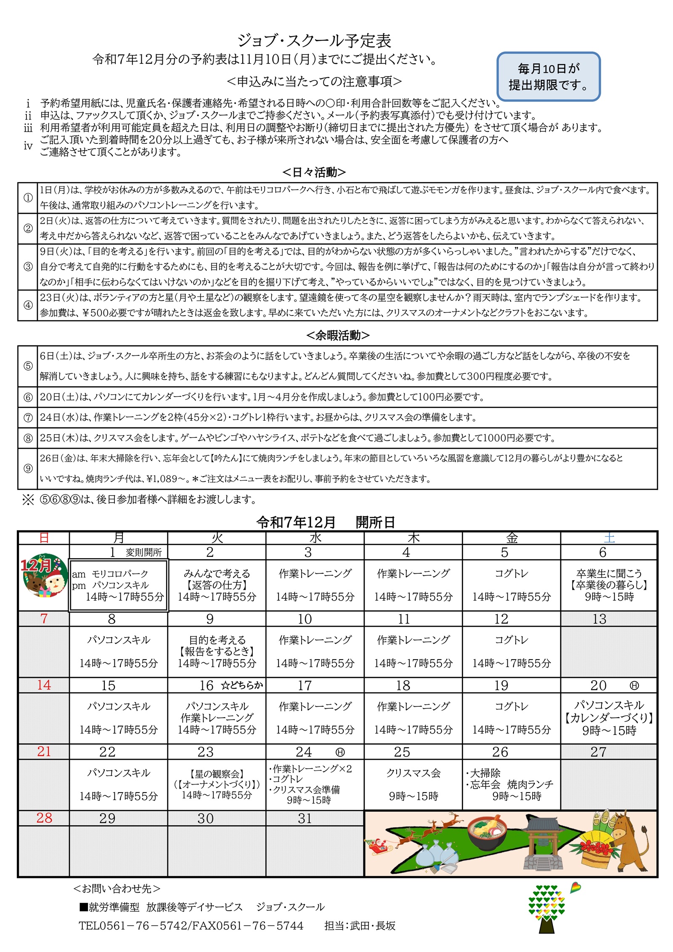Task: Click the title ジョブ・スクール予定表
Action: [314, 40]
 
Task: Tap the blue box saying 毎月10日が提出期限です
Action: [548, 77]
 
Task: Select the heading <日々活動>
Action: [314, 172]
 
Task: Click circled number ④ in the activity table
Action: [28, 305]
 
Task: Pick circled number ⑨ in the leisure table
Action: [28, 468]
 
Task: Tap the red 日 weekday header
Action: [44, 538]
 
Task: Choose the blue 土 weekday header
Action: [609, 538]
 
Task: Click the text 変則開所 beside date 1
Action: [143, 552]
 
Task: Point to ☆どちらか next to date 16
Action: [242, 685]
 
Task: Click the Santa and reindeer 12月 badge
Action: [44, 575]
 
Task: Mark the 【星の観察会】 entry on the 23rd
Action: [217, 774]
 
